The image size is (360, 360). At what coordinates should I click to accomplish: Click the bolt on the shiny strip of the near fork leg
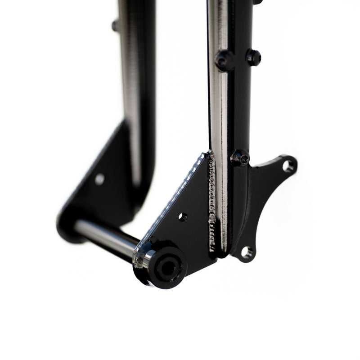(x=224, y=59)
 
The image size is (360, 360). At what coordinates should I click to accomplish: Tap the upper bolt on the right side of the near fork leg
(x=253, y=57)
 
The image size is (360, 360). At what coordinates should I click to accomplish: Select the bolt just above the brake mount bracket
(x=240, y=157)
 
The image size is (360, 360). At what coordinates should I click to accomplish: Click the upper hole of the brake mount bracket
(x=288, y=165)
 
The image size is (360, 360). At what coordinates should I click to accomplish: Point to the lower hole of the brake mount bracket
(x=247, y=252)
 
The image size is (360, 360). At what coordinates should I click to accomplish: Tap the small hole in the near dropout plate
(x=183, y=217)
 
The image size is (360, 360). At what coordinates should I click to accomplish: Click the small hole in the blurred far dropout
(x=99, y=179)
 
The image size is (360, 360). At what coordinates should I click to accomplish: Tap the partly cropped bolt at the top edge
(x=257, y=2)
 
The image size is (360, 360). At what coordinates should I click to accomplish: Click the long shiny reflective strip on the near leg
(x=220, y=112)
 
